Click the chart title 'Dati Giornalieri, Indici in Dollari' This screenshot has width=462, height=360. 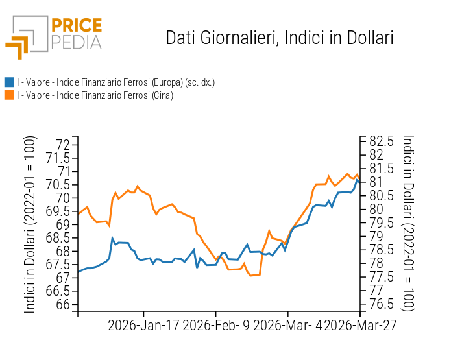[280, 38]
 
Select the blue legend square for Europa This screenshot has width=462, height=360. [9, 82]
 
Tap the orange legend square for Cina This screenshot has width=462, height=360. [9, 95]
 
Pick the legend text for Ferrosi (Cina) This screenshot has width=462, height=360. [95, 95]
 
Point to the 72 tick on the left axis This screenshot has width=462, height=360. [62, 144]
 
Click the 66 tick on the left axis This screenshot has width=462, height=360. [62, 305]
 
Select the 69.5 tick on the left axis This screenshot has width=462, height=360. [58, 211]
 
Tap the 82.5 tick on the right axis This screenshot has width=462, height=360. [382, 141]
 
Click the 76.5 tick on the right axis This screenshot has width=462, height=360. [382, 304]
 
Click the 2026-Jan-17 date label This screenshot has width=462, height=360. [144, 325]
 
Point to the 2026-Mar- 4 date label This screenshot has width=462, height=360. [288, 325]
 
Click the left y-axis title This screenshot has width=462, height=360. [30, 224]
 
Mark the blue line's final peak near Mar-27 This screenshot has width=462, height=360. [357, 180]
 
